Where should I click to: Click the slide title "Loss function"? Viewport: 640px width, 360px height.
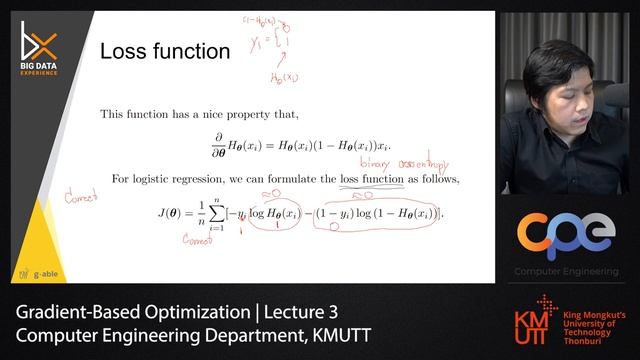click(165, 51)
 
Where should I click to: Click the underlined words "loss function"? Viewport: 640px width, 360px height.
click(372, 179)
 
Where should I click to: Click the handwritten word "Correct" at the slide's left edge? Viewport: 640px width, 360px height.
click(80, 197)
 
